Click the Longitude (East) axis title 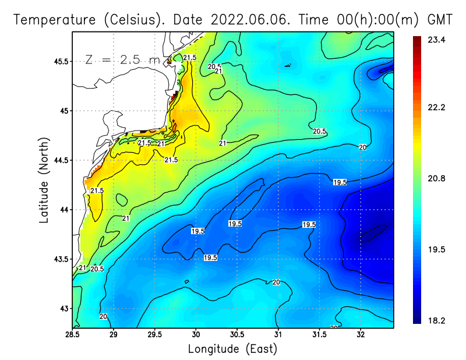232,349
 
